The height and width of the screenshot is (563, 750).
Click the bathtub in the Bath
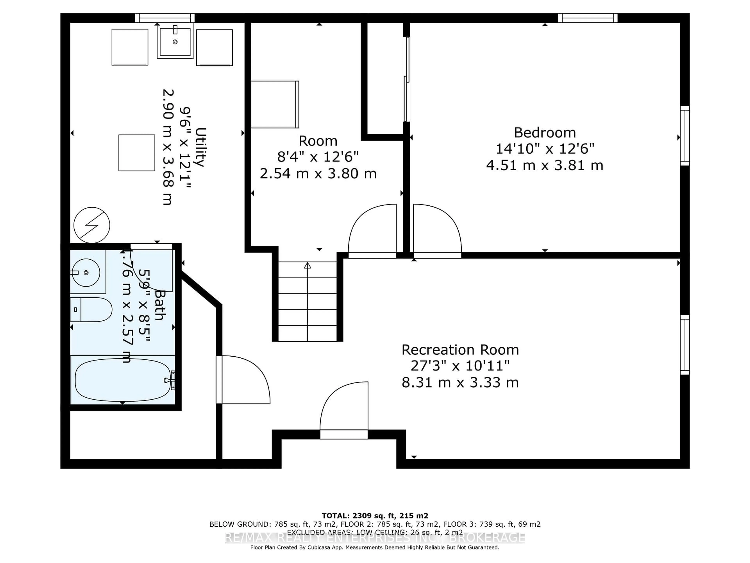pos(122,380)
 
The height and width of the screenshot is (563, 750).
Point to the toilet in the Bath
pos(92,309)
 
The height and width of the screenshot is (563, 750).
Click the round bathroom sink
pos(86,273)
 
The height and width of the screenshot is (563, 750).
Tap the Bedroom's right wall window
pos(685,136)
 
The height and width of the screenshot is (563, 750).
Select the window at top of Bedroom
pos(587,18)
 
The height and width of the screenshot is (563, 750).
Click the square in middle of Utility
pos(137,153)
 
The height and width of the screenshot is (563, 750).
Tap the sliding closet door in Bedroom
pos(406,79)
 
